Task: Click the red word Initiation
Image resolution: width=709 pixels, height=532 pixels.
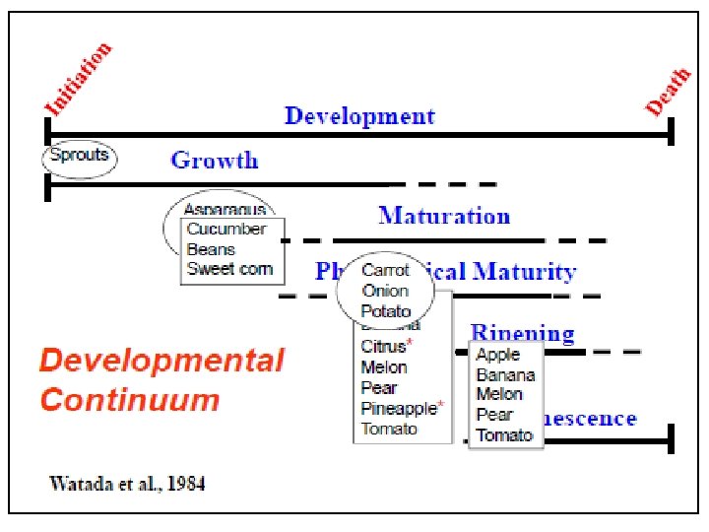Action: coord(78,79)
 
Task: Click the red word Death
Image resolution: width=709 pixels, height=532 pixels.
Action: coord(667,90)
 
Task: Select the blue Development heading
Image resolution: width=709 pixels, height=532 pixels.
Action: coord(359,115)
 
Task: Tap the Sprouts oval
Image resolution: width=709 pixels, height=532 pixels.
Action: coord(80,157)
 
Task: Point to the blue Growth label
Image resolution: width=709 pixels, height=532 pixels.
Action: coord(214,160)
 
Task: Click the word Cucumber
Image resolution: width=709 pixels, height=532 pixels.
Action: coord(226,229)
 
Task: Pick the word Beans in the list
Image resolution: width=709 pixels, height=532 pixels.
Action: coord(211,249)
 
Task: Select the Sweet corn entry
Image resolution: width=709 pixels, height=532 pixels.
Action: coord(229,269)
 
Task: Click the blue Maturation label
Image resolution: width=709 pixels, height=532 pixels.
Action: coord(444,215)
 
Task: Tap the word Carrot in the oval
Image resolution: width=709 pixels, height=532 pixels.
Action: coord(385,270)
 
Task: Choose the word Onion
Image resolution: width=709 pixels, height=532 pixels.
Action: coord(384,291)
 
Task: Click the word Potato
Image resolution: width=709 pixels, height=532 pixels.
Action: coord(386,310)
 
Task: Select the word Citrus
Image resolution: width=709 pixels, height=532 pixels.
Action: coord(383,346)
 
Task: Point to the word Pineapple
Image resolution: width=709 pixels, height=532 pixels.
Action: coord(399,408)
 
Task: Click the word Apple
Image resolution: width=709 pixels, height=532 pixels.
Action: coord(497,355)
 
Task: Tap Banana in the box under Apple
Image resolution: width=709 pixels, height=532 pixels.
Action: coord(505,374)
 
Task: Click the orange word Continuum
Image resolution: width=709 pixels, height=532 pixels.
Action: coord(130,400)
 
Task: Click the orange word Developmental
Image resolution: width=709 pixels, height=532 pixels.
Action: coord(161,361)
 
